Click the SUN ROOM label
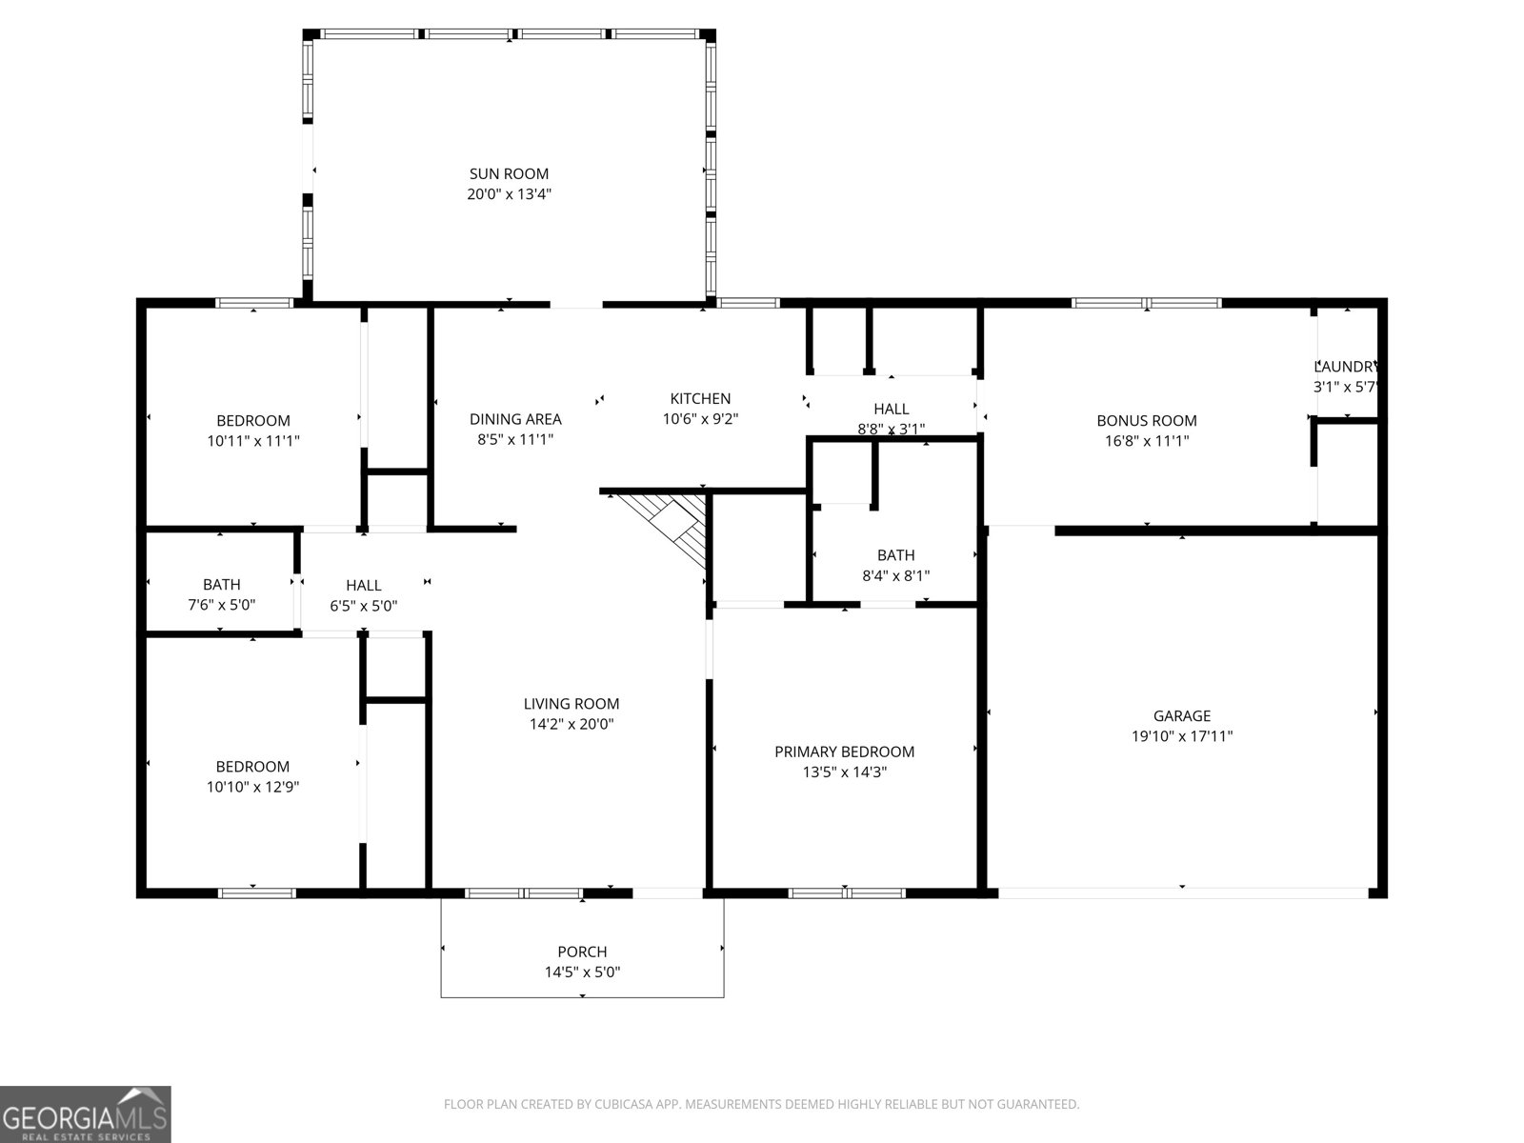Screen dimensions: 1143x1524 509,173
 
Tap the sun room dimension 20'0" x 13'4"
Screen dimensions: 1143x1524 509,194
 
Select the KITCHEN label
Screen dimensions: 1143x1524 700,398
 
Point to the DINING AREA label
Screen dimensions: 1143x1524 515,419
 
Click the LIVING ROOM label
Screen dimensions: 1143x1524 571,704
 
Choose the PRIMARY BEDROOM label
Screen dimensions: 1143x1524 844,752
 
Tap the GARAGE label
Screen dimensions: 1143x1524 1181,715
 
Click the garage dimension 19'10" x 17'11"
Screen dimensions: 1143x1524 1181,736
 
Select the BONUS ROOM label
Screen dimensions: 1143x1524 1146,420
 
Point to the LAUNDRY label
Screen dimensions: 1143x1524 1345,367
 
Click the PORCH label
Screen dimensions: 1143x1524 582,952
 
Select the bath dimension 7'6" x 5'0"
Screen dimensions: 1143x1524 221,605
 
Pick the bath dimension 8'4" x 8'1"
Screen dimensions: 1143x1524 895,575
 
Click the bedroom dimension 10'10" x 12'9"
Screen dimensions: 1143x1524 252,787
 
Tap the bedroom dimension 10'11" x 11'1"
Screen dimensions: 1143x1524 252,441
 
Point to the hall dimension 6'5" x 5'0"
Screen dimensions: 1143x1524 363,606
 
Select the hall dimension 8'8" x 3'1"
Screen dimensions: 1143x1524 891,429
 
